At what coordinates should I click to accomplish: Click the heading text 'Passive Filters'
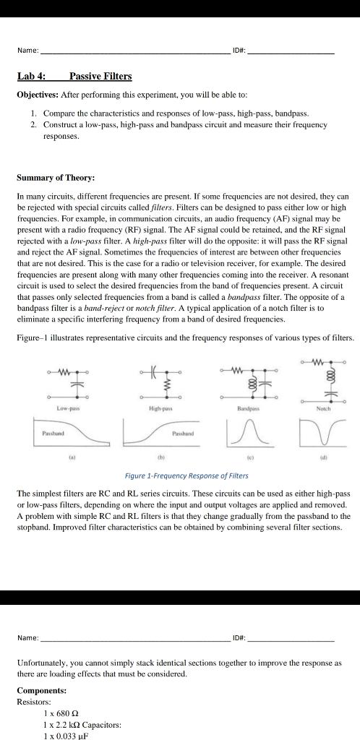click(x=100, y=76)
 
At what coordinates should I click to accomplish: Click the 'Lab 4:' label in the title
click(x=31, y=76)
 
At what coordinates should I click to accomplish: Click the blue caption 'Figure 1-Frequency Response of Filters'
click(x=187, y=476)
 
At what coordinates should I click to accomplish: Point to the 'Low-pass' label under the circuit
click(x=68, y=408)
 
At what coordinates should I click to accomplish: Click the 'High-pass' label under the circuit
click(x=160, y=408)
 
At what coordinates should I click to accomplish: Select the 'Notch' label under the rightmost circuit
click(x=323, y=408)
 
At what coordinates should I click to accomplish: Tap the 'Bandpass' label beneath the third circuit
click(x=247, y=408)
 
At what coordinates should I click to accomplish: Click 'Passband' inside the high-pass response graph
click(x=181, y=434)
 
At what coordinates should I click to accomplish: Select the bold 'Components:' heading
click(x=41, y=690)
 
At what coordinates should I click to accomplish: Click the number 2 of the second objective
click(x=33, y=124)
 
